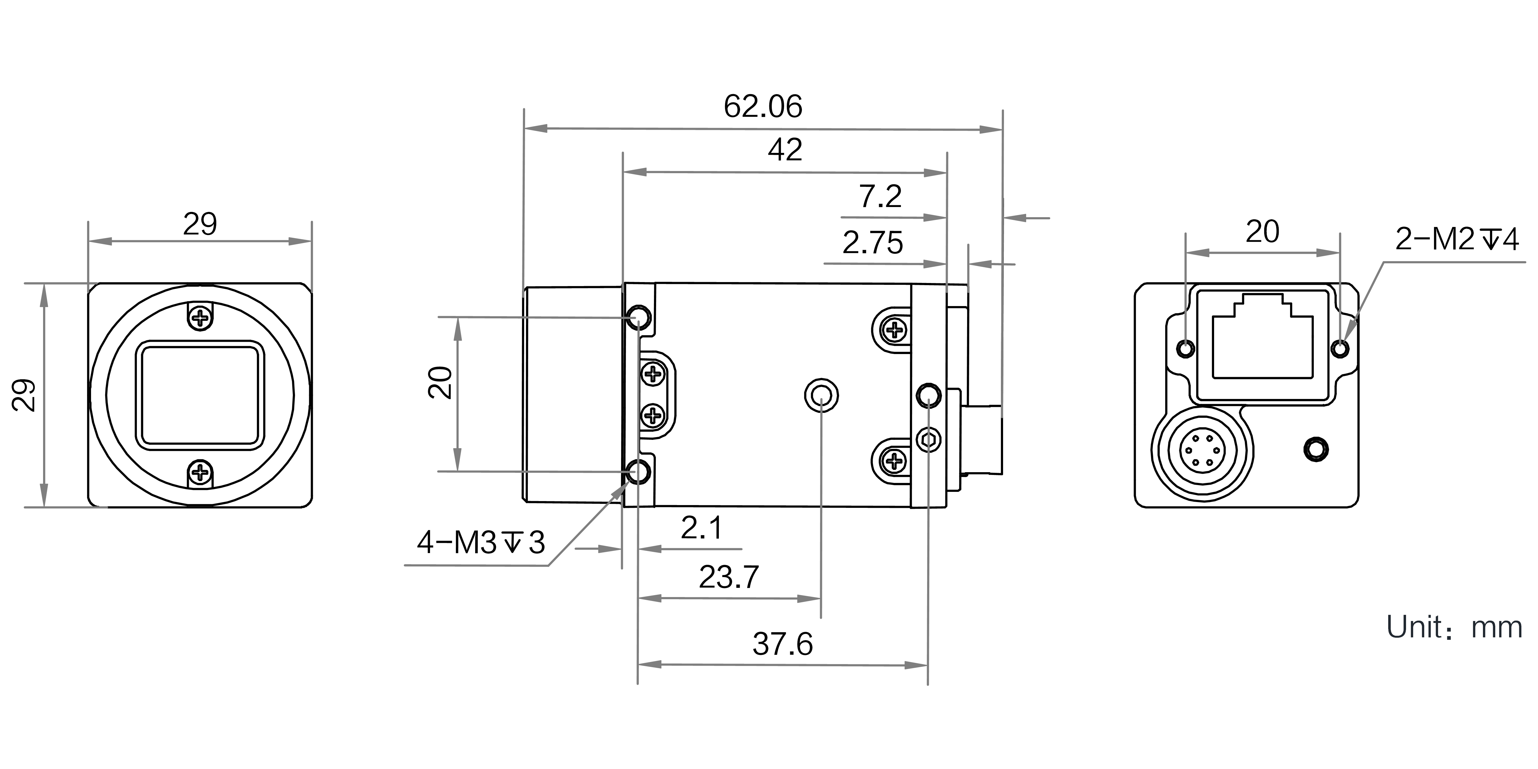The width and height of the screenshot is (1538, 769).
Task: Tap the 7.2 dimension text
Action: tap(880, 197)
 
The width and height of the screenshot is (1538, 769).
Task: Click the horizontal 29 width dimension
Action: tap(199, 225)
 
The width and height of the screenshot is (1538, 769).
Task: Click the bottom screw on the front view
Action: tap(201, 473)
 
